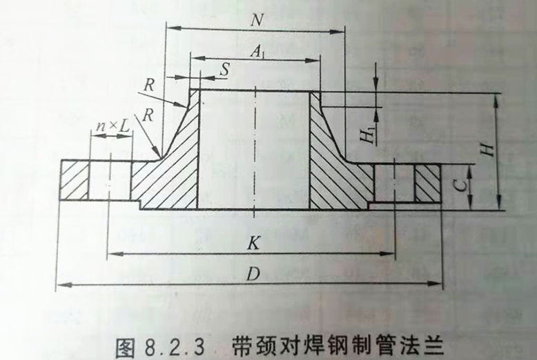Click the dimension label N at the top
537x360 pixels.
(x=257, y=21)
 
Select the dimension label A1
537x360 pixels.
(x=257, y=52)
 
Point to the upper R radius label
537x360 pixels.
(x=148, y=85)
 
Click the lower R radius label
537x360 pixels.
(x=147, y=115)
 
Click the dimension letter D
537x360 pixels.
(x=253, y=273)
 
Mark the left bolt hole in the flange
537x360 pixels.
(x=109, y=181)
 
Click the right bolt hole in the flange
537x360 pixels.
(x=394, y=182)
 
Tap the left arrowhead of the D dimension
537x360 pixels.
(x=61, y=283)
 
